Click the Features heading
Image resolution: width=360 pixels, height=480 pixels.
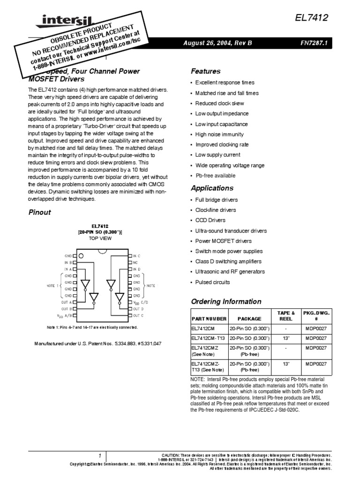[x=205, y=71]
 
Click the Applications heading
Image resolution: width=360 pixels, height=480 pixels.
[x=212, y=188]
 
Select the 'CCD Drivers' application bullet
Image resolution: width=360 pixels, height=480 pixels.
[x=210, y=220]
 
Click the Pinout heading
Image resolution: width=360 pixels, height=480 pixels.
[x=40, y=212]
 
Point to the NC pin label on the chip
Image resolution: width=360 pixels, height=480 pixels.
[x=135, y=262]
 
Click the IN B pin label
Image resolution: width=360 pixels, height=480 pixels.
[x=68, y=262]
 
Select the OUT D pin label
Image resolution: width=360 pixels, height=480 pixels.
[x=138, y=309]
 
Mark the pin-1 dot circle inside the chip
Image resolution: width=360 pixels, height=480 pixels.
[x=82, y=255]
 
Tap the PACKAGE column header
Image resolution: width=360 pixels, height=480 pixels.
[x=249, y=319]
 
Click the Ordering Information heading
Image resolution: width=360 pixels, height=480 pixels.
[x=226, y=301]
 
